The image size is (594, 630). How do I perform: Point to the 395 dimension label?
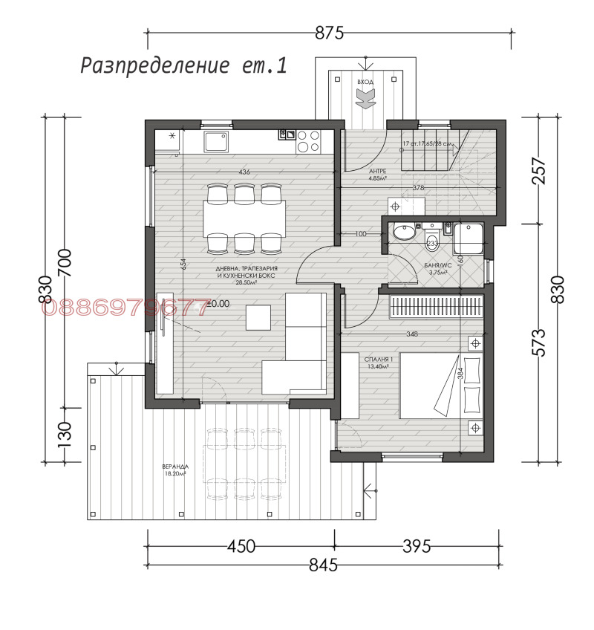coord(416,546)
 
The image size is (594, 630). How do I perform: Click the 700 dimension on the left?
coord(65,262)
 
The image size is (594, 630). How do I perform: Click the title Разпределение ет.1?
coord(183,65)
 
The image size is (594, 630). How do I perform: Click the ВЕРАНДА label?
coord(174,469)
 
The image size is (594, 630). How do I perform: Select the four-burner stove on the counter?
coord(307,141)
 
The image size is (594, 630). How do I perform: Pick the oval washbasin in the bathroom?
coord(404,233)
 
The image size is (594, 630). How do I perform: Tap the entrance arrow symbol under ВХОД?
coord(365,97)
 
